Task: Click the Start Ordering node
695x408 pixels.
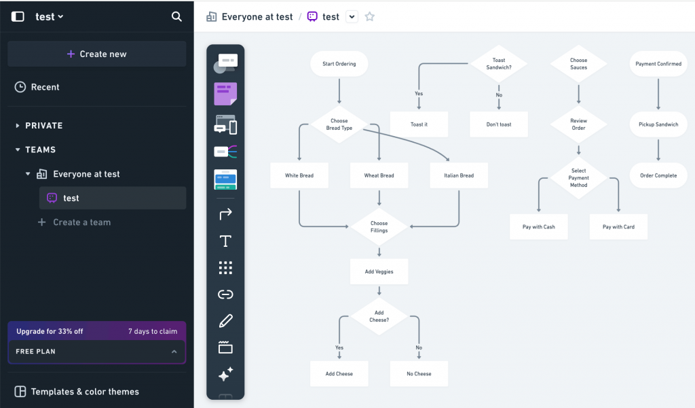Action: [339, 64]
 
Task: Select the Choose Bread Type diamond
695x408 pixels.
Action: [339, 124]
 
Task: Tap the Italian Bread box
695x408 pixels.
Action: [459, 175]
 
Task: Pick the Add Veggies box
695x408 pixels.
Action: [379, 271]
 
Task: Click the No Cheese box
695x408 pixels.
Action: [419, 373]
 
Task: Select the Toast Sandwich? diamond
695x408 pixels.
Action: [498, 64]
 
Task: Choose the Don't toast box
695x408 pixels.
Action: [498, 124]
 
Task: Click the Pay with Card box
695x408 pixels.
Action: [618, 226]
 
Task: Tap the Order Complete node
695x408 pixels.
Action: [658, 175]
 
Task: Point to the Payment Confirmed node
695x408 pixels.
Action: [658, 64]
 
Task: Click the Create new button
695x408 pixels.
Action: [97, 54]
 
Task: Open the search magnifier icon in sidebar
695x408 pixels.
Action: [176, 16]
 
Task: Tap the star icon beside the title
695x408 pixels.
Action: [370, 16]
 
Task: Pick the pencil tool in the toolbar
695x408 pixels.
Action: [225, 320]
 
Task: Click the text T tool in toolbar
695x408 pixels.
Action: [225, 241]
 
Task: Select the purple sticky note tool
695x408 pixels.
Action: [225, 94]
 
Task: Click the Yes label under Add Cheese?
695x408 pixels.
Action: [339, 347]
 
